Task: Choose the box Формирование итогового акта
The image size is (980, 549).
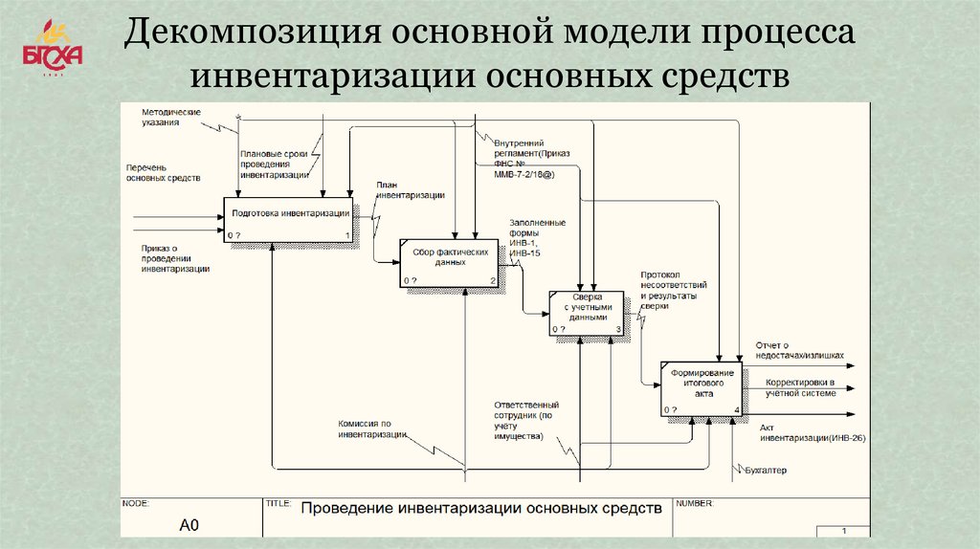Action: point(702,388)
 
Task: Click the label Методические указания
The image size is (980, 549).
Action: point(170,118)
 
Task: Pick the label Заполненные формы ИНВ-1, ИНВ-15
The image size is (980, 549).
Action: point(538,237)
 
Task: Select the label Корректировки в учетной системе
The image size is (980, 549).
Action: point(801,387)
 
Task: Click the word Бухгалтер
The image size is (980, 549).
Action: point(765,471)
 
